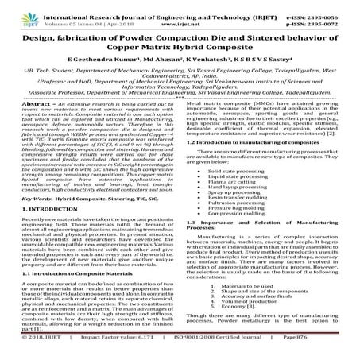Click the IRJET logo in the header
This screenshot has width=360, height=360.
pyautogui.click(x=15, y=10)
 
